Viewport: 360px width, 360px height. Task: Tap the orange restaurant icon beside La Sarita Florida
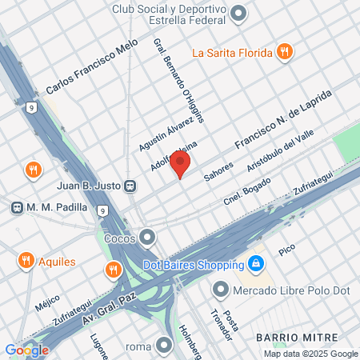284,53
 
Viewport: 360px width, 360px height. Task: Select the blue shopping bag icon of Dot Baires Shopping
254,262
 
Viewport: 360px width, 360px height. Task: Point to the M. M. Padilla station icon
16,207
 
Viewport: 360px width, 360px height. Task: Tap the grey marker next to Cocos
147,238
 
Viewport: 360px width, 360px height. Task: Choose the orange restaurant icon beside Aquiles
26,261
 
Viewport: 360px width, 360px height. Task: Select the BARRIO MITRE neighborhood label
297,338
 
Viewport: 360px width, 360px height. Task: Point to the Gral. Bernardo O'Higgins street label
178,78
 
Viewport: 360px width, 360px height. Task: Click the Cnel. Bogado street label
247,190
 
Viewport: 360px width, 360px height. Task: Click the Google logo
26,350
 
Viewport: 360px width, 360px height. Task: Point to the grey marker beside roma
164,346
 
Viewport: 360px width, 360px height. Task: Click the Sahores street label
218,172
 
